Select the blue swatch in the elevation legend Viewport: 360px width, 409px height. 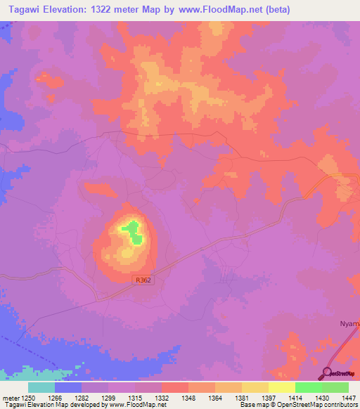tap(68, 387)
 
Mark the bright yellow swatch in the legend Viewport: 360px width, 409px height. tap(281, 387)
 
